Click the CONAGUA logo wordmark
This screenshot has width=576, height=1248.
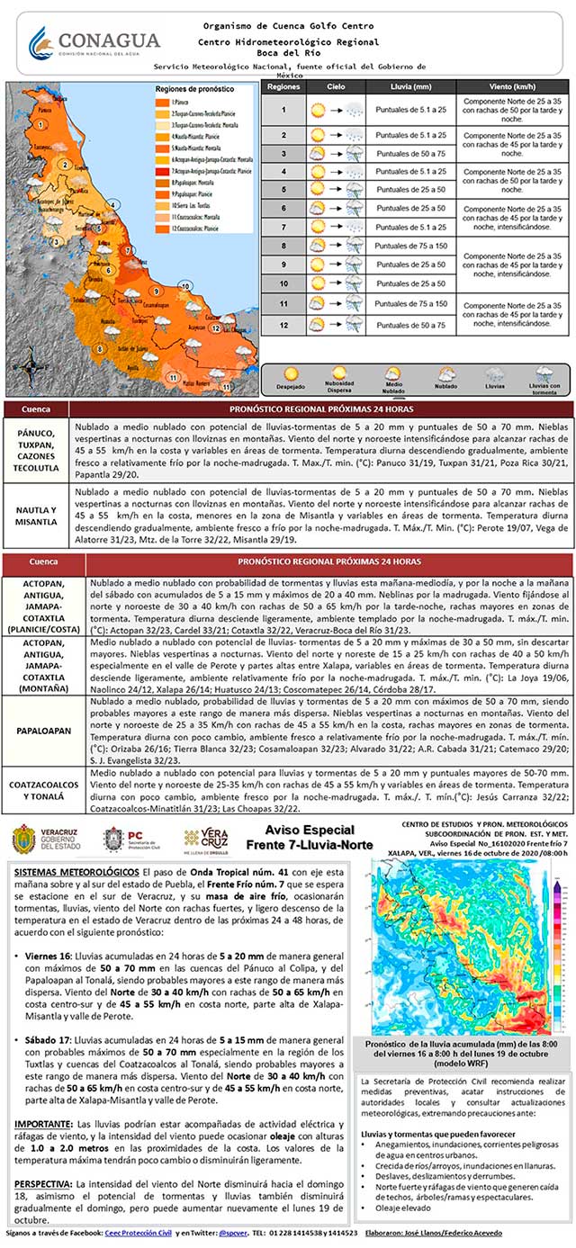tap(106, 40)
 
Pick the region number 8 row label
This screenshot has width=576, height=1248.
tap(283, 246)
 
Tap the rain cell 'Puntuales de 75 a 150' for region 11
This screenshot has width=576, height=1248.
tap(410, 304)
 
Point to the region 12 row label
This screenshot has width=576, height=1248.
tap(283, 325)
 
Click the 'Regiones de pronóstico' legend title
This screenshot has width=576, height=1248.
tap(188, 91)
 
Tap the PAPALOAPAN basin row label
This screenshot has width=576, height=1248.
tap(43, 732)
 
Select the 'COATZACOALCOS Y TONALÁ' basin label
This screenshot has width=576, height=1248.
tap(43, 790)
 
